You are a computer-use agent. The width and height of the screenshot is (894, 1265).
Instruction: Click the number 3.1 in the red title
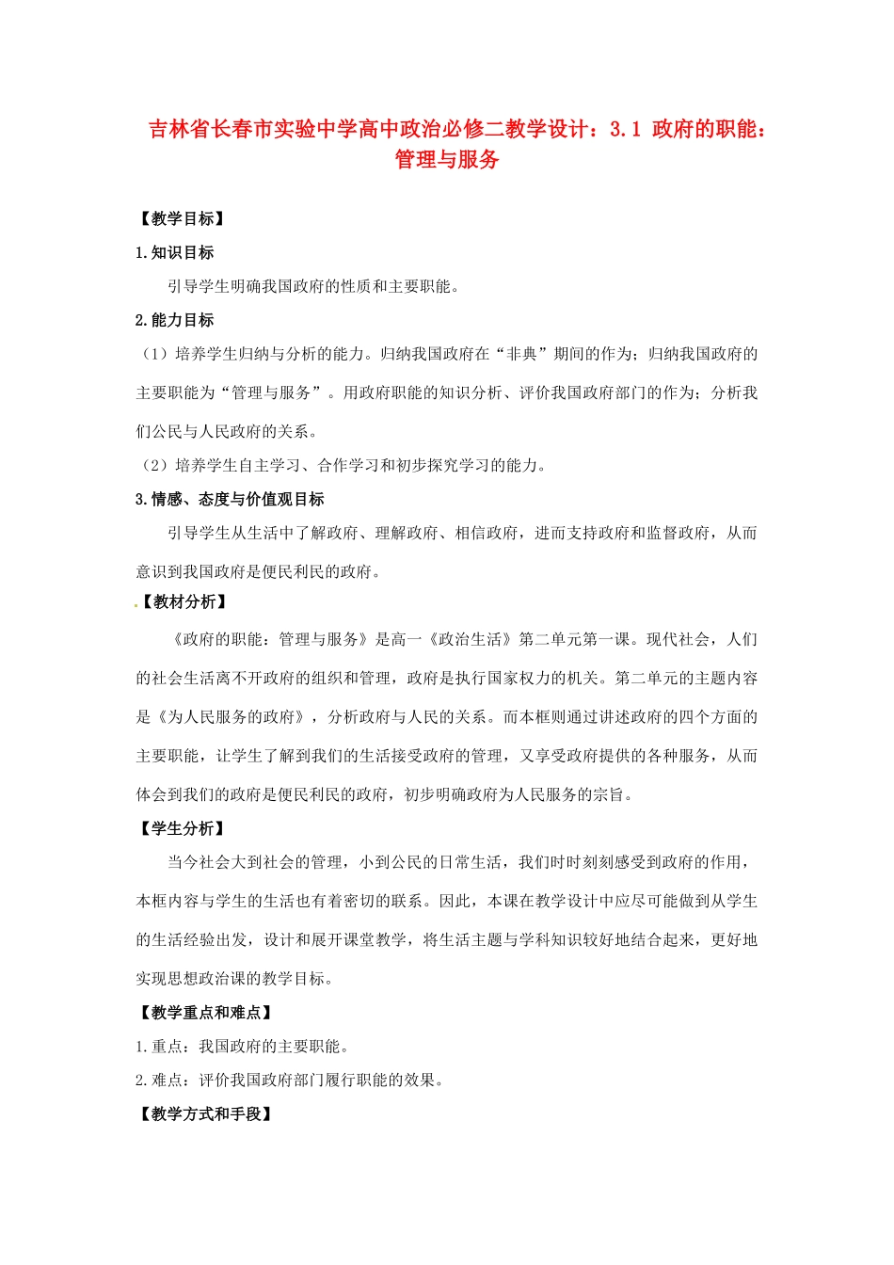pyautogui.click(x=625, y=129)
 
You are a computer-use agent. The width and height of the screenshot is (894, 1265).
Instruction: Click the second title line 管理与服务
pyautogui.click(x=447, y=159)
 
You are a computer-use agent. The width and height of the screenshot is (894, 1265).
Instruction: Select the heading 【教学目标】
pyautogui.click(x=183, y=218)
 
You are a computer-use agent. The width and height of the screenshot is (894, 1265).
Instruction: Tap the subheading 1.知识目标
pyautogui.click(x=175, y=252)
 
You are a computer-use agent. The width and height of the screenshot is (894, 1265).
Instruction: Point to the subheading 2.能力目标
pyautogui.click(x=175, y=320)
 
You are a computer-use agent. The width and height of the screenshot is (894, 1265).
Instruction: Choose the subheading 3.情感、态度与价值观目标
pyautogui.click(x=230, y=499)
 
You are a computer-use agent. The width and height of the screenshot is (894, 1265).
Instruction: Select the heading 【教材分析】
pyautogui.click(x=184, y=601)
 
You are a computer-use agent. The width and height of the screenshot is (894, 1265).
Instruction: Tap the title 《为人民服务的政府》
pyautogui.click(x=231, y=717)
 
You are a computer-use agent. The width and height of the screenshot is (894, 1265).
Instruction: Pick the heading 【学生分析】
pyautogui.click(x=183, y=828)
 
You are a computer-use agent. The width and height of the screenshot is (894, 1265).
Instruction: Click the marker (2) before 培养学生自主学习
pyautogui.click(x=153, y=465)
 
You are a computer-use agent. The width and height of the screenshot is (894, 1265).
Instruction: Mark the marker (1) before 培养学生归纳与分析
pyautogui.click(x=153, y=354)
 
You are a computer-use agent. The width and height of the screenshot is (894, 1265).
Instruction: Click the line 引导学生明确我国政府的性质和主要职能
pyautogui.click(x=314, y=286)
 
